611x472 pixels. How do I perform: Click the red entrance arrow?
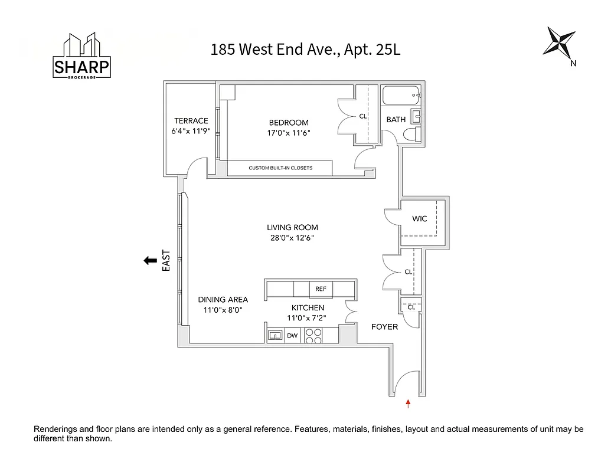408,404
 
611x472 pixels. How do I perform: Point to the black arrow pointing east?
150,260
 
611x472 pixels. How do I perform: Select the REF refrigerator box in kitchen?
321,289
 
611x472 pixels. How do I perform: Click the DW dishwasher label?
292,336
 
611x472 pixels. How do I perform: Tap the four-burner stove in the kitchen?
313,336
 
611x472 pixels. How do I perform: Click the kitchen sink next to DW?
275,336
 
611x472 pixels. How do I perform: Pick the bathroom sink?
416,116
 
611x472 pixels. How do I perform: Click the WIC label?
420,219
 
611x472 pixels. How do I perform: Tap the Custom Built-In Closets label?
280,168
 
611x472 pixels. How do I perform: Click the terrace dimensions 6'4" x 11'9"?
190,132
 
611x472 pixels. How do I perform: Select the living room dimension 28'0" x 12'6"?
292,238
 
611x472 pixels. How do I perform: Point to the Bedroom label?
289,123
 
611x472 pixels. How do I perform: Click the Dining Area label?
223,300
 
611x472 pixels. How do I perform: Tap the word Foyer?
384,326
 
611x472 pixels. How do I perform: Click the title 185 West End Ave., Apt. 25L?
305,50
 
